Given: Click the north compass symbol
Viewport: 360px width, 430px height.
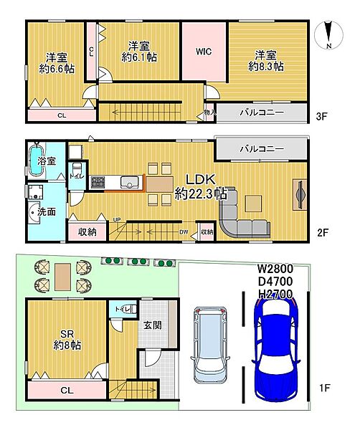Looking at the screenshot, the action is [329, 35].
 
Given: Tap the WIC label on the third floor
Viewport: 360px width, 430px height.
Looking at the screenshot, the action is [204, 52].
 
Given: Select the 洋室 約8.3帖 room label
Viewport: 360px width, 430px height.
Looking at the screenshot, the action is [265, 61].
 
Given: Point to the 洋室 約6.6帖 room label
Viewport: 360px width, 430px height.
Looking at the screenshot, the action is [57, 63].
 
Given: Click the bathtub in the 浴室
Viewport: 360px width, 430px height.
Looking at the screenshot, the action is [37, 160].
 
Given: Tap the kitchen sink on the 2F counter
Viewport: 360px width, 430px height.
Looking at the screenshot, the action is [129, 182].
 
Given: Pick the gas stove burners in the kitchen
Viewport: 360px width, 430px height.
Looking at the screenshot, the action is [98, 182].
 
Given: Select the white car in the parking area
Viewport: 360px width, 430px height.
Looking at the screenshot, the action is [210, 345].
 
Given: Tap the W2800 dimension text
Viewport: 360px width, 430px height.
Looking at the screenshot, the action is [275, 269].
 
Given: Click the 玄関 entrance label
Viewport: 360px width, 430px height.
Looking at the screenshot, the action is [153, 325].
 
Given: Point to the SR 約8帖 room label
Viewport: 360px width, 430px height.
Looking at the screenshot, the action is [67, 340].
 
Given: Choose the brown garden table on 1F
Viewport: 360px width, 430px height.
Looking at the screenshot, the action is [63, 277].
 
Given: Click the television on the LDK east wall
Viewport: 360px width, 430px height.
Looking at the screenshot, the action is [299, 195].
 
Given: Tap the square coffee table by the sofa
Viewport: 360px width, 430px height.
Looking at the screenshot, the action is [253, 204].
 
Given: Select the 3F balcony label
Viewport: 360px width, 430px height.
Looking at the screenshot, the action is [262, 113].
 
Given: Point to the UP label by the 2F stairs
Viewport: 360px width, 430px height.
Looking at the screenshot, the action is [117, 220].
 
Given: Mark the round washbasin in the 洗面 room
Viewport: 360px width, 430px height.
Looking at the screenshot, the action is [34, 213].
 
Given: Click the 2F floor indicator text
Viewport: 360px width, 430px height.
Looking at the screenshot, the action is [323, 233].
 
